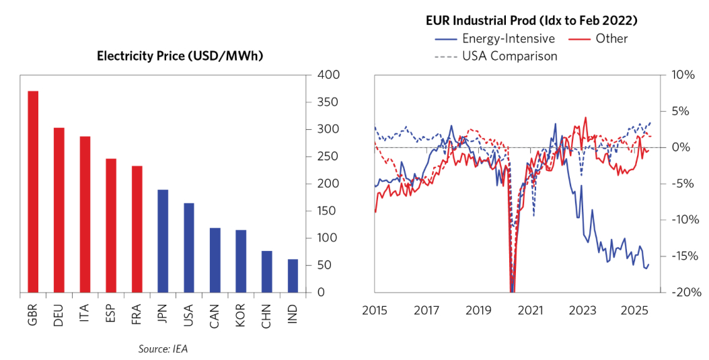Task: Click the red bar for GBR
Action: pyautogui.click(x=32, y=192)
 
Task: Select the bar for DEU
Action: pyautogui.click(x=59, y=210)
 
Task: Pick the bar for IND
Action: pyautogui.click(x=293, y=276)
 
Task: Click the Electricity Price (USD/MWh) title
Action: pyautogui.click(x=180, y=56)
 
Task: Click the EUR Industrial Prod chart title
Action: pyautogui.click(x=531, y=21)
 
